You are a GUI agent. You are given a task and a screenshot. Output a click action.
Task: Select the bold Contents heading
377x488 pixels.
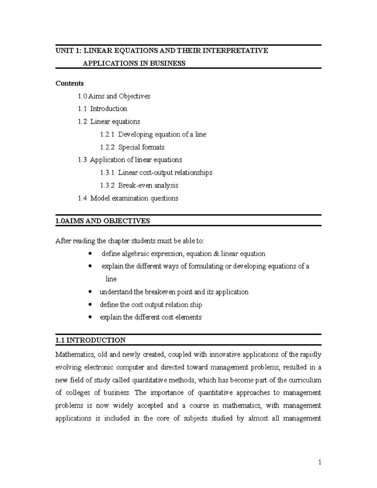pyautogui.click(x=69, y=83)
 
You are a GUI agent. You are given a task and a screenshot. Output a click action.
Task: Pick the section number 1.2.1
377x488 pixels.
pyautogui.click(x=107, y=134)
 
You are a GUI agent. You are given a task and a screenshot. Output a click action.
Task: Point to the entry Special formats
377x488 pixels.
pyautogui.click(x=141, y=147)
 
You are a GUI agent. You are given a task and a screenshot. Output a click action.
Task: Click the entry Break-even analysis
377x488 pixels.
pyautogui.click(x=148, y=185)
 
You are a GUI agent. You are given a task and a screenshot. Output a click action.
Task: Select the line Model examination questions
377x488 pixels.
pyautogui.click(x=134, y=198)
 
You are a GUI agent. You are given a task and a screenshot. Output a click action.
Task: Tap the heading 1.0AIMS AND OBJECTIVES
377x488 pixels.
pyautogui.click(x=102, y=221)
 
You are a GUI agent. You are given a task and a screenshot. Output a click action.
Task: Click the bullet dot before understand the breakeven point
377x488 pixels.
pyautogui.click(x=90, y=292)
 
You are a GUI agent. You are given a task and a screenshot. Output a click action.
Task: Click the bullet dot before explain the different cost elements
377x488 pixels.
pyautogui.click(x=90, y=317)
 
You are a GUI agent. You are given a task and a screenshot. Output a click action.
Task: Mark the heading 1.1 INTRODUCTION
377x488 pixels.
pyautogui.click(x=90, y=340)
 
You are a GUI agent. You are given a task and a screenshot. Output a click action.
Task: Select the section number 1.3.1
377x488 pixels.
pyautogui.click(x=107, y=173)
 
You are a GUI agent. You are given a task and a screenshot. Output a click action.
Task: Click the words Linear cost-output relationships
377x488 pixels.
pyautogui.click(x=165, y=173)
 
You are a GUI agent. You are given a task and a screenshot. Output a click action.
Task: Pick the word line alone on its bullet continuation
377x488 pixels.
pyautogui.click(x=111, y=279)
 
